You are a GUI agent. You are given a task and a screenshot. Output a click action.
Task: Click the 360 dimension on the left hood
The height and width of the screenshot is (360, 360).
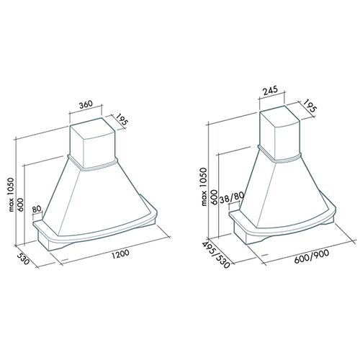(86, 104)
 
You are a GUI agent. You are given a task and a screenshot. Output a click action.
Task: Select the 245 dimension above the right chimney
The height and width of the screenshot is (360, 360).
(270, 91)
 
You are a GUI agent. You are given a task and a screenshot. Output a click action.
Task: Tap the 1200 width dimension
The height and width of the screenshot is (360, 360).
(120, 254)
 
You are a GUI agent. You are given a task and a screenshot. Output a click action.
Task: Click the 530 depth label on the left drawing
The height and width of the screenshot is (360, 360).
(23, 258)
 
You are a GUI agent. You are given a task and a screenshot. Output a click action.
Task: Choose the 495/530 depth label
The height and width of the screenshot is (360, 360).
(216, 255)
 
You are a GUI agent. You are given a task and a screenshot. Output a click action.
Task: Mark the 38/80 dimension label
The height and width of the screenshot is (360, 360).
(232, 198)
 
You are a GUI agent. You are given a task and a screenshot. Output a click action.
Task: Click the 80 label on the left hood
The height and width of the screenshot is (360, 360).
(37, 209)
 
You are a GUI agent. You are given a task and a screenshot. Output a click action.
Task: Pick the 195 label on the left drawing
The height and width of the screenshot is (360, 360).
(122, 120)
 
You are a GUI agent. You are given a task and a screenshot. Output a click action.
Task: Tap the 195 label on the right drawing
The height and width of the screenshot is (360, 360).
(310, 106)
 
